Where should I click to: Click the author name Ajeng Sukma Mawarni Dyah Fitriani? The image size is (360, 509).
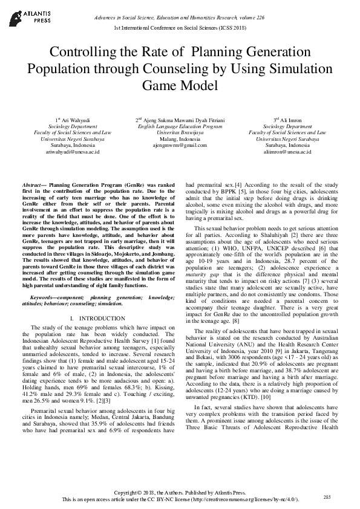coord(182,120)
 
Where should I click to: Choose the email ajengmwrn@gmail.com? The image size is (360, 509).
coord(180,146)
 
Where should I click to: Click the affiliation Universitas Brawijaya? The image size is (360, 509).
coord(180,132)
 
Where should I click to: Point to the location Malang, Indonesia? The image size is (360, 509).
coord(180,139)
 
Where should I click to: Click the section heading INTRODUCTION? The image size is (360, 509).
coord(93,317)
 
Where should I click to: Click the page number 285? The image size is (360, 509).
coord(327,496)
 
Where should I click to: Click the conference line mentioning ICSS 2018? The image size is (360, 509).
coord(180,28)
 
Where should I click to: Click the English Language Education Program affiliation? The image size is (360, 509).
coord(180,126)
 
